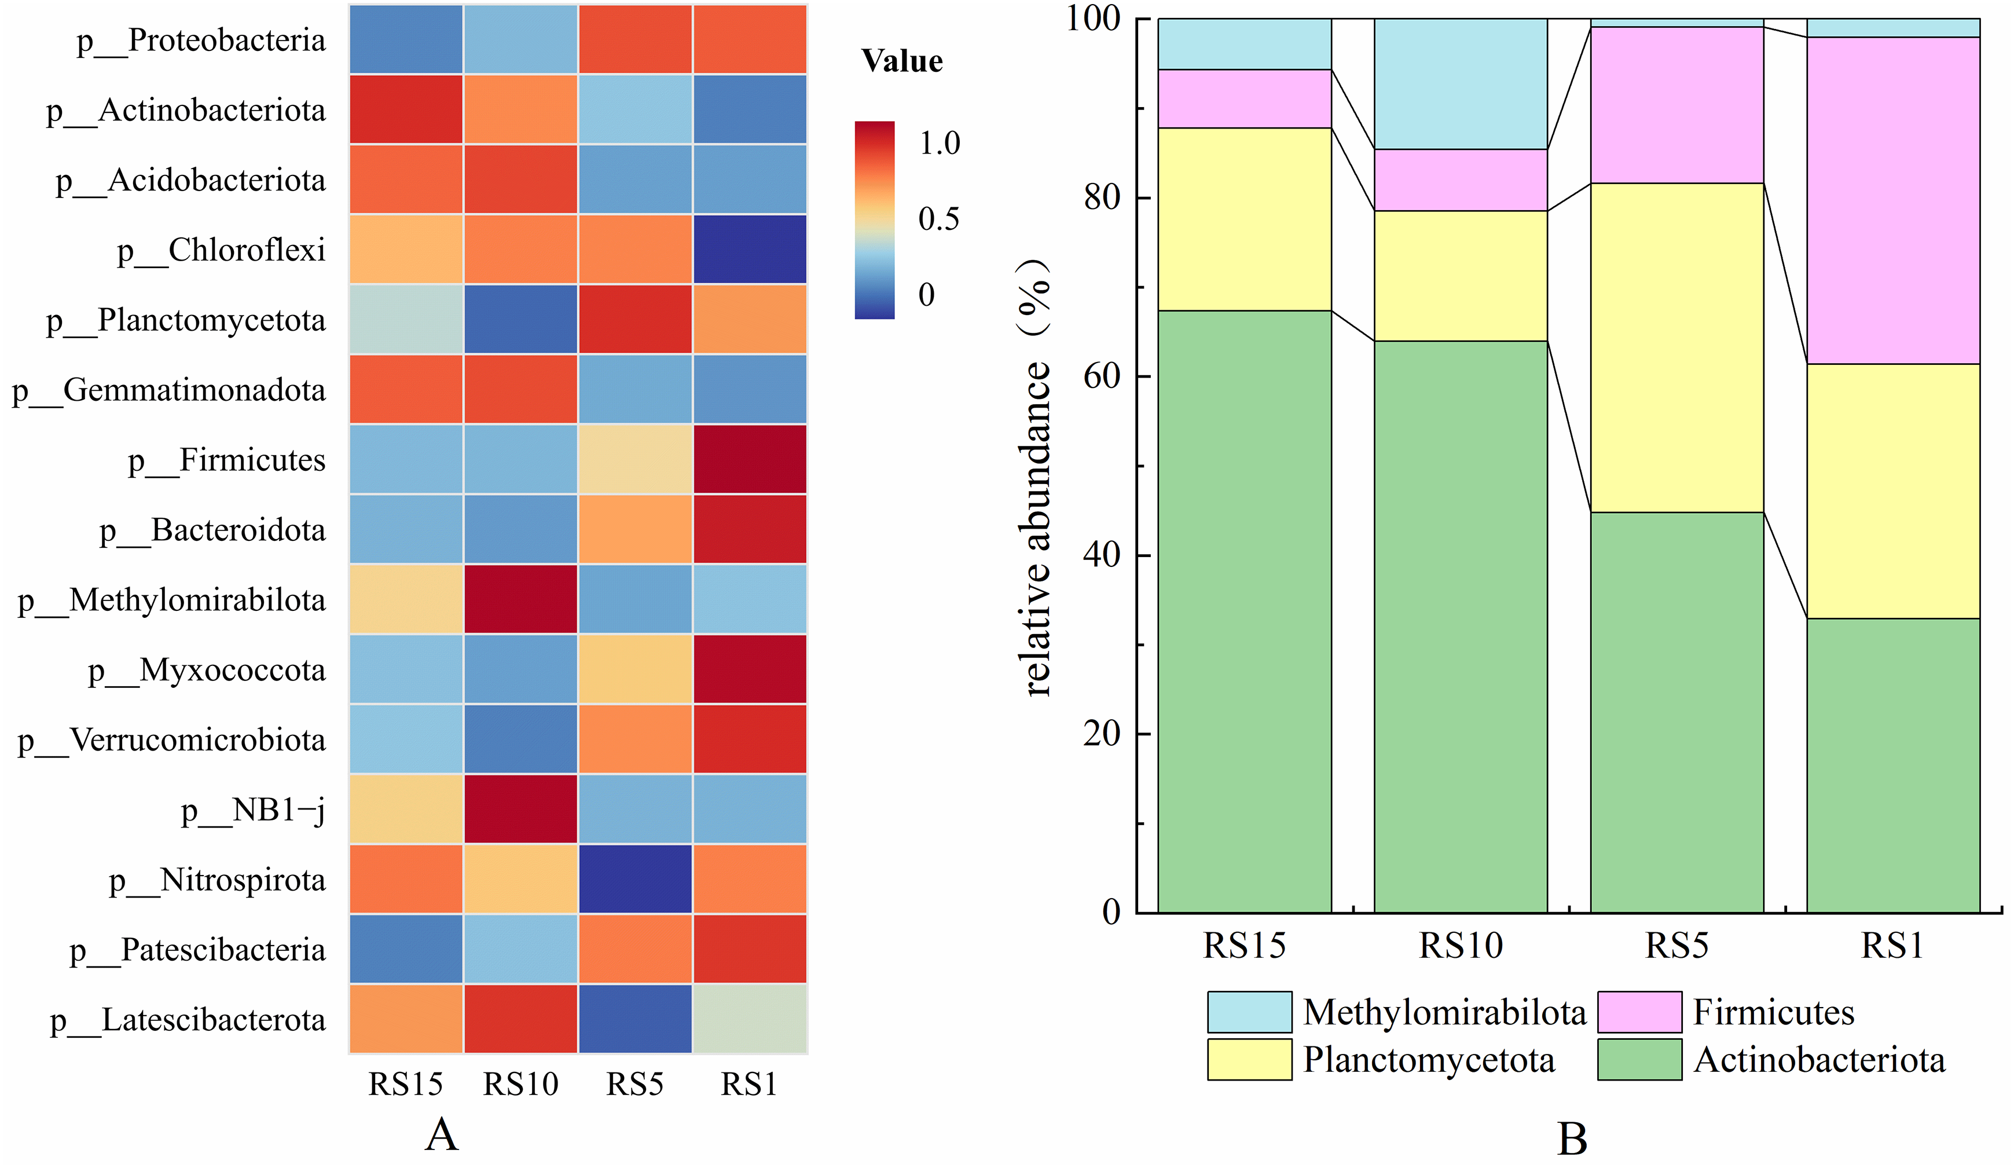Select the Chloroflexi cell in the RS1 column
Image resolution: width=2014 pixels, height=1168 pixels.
coord(750,250)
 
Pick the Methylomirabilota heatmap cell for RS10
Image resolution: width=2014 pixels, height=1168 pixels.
coord(520,599)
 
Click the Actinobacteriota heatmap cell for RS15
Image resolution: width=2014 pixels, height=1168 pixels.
coord(406,109)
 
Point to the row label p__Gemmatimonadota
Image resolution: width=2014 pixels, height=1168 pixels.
coord(168,391)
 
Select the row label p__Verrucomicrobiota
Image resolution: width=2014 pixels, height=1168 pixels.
coord(172,740)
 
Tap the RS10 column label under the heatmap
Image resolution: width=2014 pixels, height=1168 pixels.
coord(520,1084)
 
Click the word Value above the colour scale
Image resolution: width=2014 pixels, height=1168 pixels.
coord(901,61)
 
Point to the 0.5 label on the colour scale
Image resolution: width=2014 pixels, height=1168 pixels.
coord(938,219)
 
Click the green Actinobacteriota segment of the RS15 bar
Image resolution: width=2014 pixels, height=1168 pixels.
coord(1245,612)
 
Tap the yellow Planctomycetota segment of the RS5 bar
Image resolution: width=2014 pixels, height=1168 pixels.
coord(1677,348)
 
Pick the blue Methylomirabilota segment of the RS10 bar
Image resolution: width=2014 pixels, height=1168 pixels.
coord(1460,84)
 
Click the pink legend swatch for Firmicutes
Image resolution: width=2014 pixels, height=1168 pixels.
coord(1639,1012)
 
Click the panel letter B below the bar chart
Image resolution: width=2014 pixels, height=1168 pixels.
coord(1571,1139)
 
